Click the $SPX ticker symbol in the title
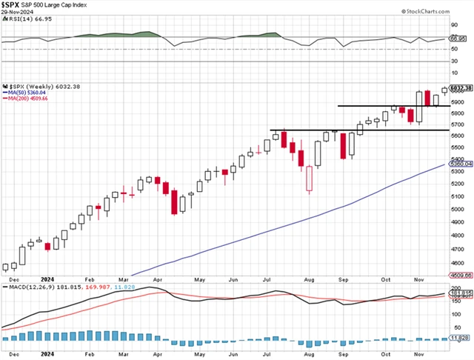tap(11, 5)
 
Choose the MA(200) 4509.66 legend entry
tap(27, 99)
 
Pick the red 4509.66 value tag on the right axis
tap(459, 275)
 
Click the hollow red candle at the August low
tap(309, 179)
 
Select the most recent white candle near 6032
tap(444, 90)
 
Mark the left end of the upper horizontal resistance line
tap(339, 106)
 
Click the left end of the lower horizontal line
tap(270, 130)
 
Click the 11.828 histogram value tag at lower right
tap(459, 339)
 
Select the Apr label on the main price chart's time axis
tap(157, 281)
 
